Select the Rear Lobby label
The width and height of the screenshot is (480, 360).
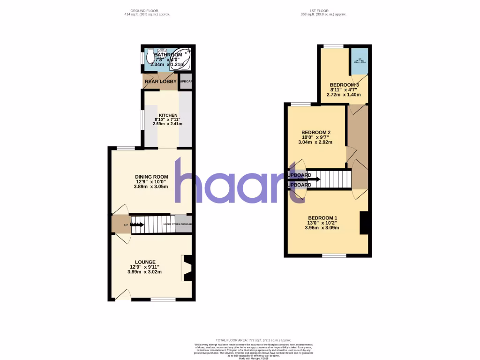pyautogui.click(x=160, y=82)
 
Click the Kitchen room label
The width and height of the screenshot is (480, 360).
pyautogui.click(x=168, y=115)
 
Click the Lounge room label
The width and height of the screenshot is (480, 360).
pyautogui.click(x=145, y=262)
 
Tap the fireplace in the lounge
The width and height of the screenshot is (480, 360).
pyautogui.click(x=187, y=268)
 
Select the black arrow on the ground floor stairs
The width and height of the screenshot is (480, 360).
pyautogui.click(x=137, y=225)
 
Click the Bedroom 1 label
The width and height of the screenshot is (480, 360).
pyautogui.click(x=322, y=218)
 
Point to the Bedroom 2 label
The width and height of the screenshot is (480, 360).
pyautogui.click(x=316, y=132)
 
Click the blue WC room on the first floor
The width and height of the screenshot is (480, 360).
pyautogui.click(x=360, y=61)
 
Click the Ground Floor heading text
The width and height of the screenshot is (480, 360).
pyautogui.click(x=144, y=10)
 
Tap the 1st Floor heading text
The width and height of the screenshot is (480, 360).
pyautogui.click(x=323, y=10)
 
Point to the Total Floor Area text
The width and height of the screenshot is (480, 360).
pyautogui.click(x=253, y=340)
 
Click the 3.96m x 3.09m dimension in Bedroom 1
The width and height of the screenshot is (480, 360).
pyautogui.click(x=322, y=228)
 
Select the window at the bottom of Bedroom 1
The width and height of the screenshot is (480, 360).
pyautogui.click(x=334, y=255)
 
